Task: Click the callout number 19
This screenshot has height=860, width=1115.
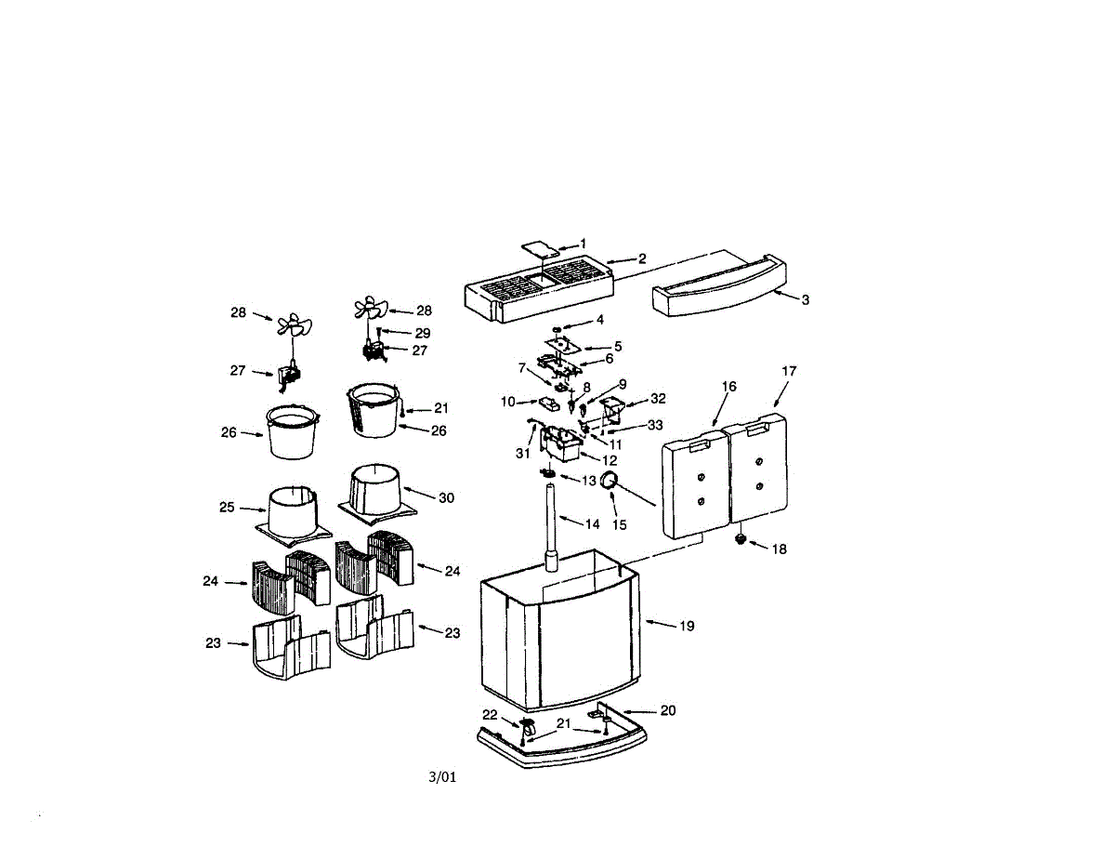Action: [x=687, y=626]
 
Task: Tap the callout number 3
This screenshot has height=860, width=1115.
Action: [x=806, y=299]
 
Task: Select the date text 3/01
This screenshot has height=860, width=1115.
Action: [x=442, y=777]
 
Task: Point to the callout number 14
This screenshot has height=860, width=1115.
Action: [x=592, y=523]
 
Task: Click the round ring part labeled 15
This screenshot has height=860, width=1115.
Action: [x=610, y=480]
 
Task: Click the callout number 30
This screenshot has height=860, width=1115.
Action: [x=446, y=497]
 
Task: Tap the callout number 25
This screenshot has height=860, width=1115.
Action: [x=227, y=508]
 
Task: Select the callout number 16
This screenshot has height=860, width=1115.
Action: [x=729, y=386]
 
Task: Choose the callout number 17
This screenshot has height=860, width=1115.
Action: [x=789, y=371]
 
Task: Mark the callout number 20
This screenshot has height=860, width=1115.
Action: [x=668, y=710]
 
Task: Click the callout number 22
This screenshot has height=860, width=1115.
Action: [x=490, y=714]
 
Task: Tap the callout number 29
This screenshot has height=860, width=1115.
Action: [x=423, y=333]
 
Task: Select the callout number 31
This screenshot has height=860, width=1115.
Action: [x=522, y=453]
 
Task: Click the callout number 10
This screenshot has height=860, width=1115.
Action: [x=507, y=402]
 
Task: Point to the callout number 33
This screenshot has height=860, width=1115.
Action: [x=656, y=425]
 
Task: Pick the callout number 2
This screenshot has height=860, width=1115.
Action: [x=641, y=258]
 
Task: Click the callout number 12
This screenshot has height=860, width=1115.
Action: [x=610, y=460]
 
